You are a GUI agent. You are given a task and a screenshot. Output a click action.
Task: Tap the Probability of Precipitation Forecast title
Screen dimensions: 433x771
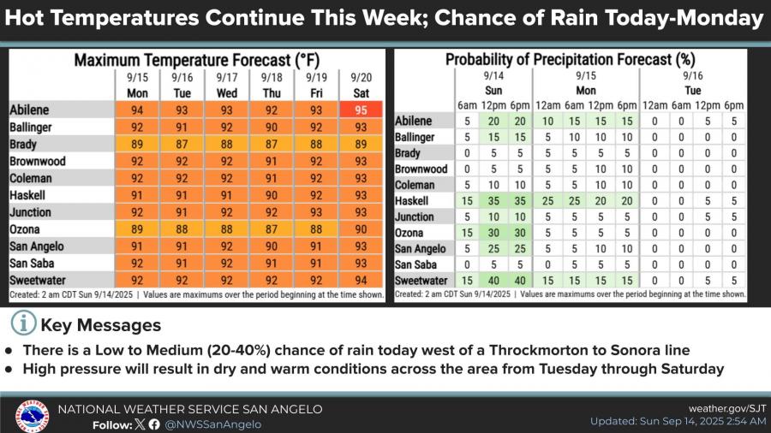569,60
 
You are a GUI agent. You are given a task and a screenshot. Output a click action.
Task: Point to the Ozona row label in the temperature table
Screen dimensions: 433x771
28,229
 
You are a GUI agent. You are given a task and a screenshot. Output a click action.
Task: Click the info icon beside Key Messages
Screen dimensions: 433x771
23,324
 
